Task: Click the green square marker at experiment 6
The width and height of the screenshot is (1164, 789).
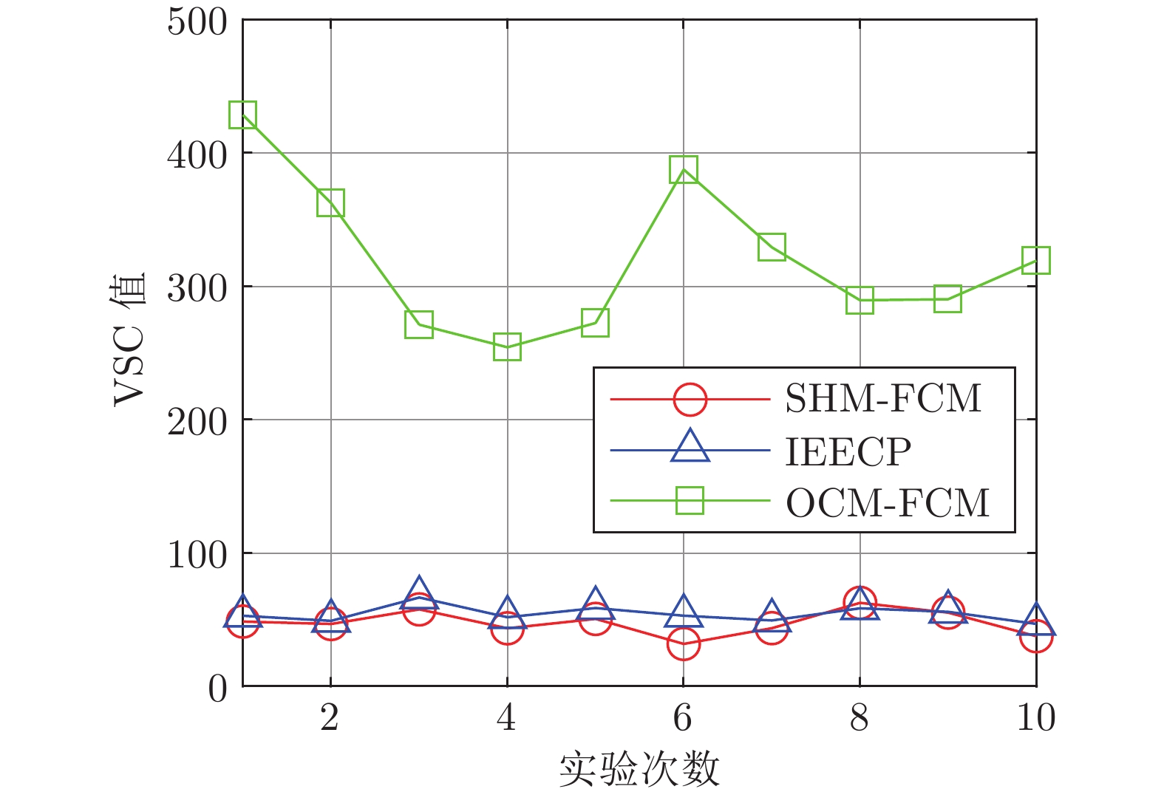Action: point(684,170)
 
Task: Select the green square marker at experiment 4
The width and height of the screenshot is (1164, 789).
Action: point(507,346)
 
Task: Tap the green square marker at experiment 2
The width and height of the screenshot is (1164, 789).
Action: point(330,202)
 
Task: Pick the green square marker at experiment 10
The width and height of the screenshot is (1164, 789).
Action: point(1036,260)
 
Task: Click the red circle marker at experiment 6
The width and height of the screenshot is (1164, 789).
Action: point(684,643)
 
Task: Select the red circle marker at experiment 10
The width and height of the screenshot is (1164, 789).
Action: point(1036,637)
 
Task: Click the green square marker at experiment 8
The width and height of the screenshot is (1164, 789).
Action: point(860,301)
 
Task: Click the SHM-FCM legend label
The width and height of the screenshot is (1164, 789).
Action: point(883,399)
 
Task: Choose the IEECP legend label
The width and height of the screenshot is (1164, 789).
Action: point(848,451)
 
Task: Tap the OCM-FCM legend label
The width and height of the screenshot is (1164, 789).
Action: point(887,503)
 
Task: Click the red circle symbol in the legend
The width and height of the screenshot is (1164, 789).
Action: point(690,400)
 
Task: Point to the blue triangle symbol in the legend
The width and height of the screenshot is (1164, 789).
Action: point(690,448)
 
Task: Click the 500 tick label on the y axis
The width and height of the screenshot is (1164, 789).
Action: point(197,21)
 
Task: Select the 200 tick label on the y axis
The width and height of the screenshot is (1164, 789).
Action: point(197,422)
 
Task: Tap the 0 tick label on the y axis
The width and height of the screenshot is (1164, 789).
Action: point(217,689)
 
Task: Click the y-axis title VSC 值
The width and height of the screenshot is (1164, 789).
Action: point(130,340)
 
